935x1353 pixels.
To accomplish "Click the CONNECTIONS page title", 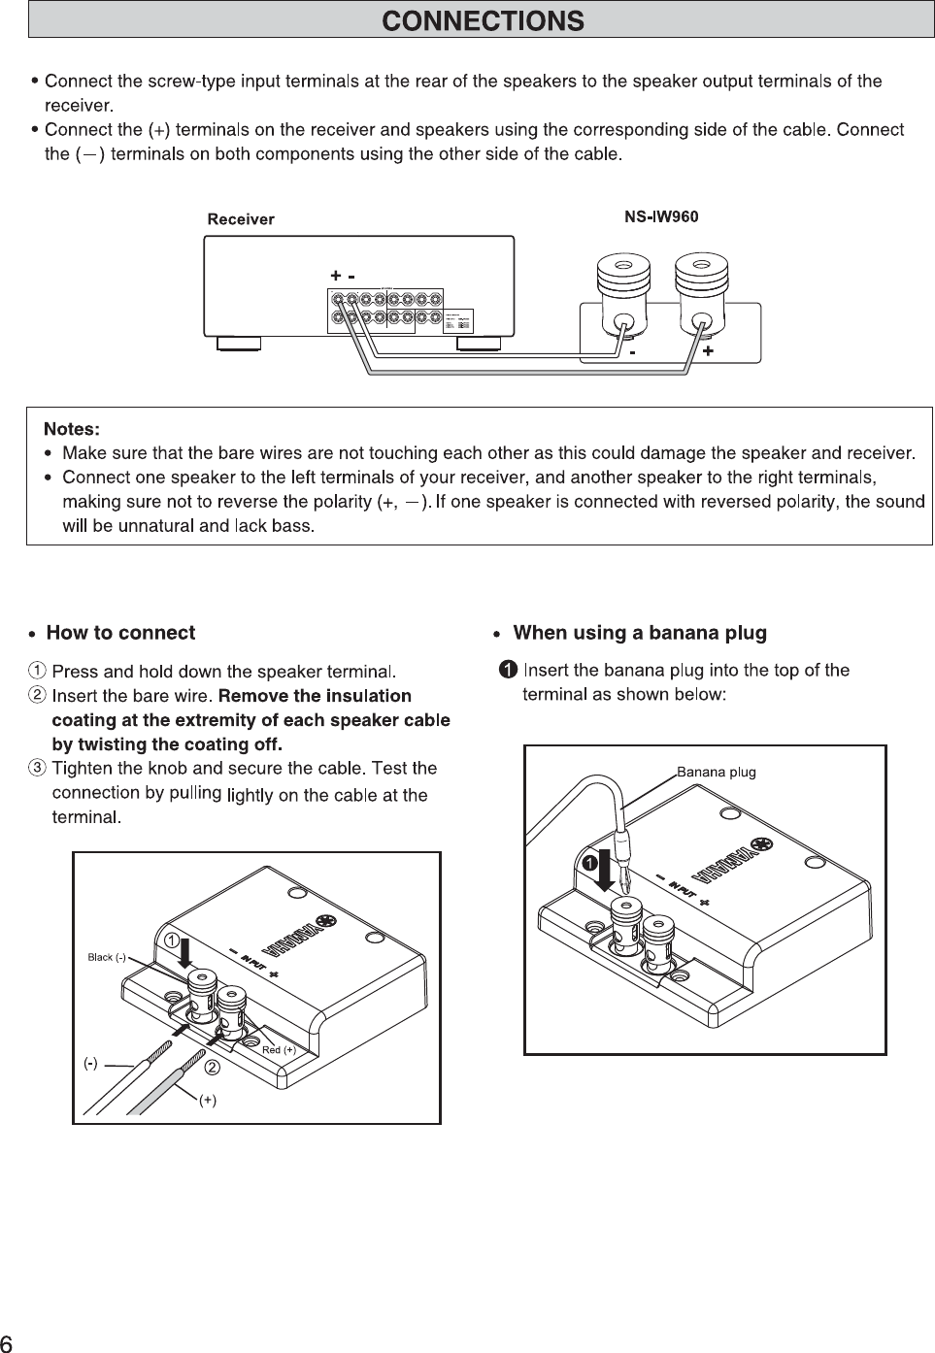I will (483, 20).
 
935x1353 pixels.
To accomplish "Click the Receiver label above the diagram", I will (241, 219).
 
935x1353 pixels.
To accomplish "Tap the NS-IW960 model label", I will (660, 216).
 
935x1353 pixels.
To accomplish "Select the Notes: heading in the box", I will (72, 429).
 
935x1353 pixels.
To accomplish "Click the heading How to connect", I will (120, 633).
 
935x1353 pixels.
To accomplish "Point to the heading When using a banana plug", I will (639, 633).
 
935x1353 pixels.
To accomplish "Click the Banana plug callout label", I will (716, 773).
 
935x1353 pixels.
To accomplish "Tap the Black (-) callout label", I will (107, 957).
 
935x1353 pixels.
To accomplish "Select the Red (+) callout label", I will (279, 1050).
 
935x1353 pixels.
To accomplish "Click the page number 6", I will (7, 1343).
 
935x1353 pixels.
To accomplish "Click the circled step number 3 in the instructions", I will (36, 769).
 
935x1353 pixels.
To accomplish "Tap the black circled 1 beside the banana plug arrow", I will (588, 862).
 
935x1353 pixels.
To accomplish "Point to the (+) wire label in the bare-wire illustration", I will (208, 1100).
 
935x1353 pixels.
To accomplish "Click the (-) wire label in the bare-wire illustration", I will (89, 1063).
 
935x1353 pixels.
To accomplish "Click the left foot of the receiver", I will (238, 342).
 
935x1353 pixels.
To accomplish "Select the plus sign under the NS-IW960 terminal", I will (708, 350).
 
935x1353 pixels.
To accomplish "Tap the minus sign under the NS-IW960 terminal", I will (632, 353).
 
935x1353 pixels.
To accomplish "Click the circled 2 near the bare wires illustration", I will (212, 1068).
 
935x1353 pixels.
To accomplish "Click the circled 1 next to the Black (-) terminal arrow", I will (170, 940).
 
